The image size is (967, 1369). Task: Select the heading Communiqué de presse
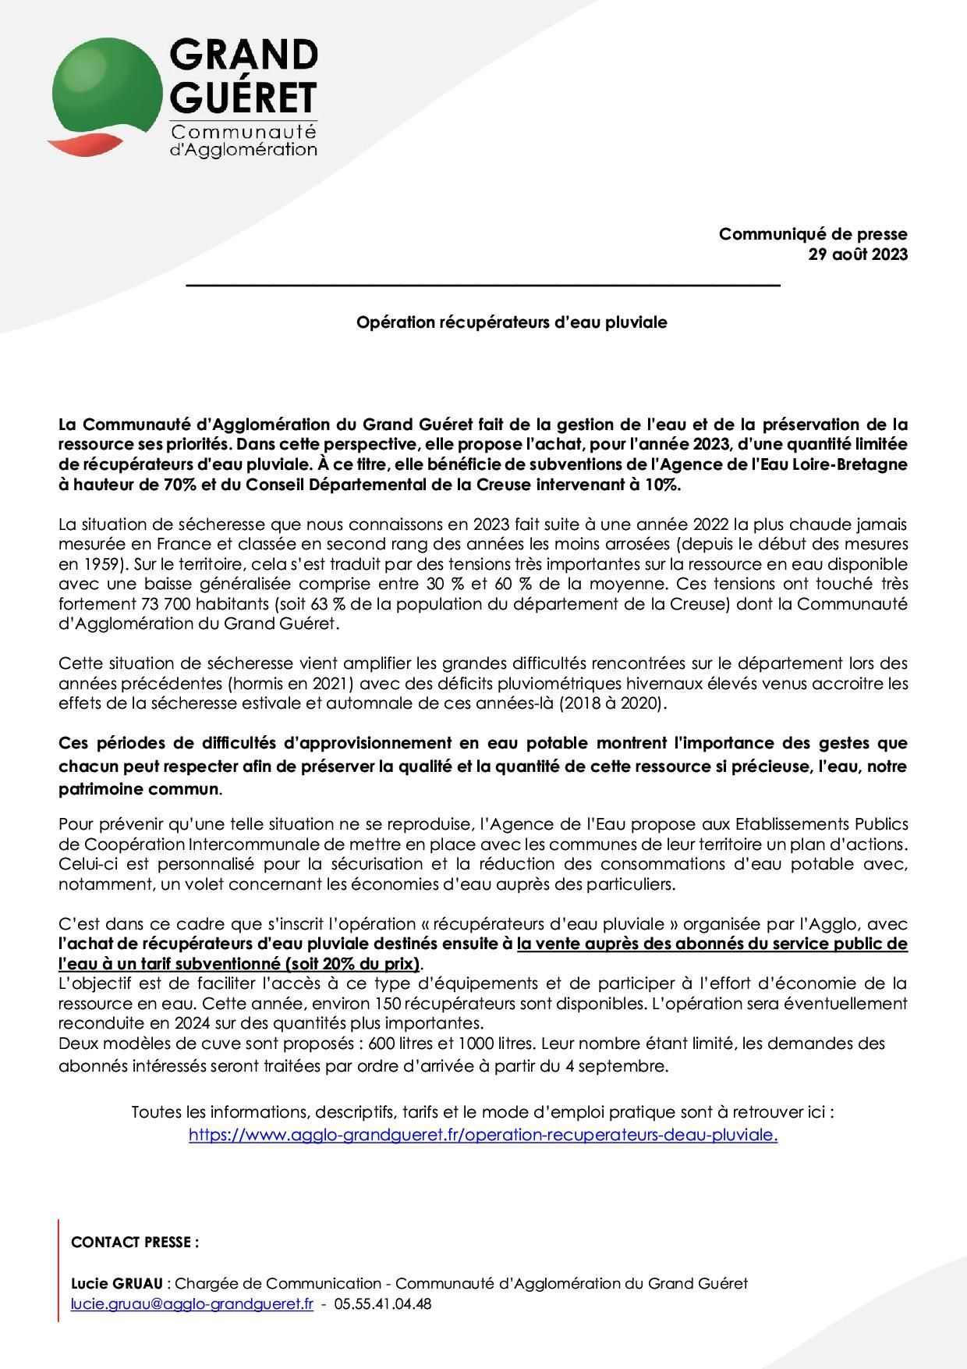(x=813, y=233)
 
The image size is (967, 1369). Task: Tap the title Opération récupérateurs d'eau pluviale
(x=512, y=322)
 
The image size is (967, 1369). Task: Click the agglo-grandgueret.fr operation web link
(x=483, y=1136)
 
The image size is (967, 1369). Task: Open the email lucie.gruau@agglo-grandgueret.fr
(x=192, y=1304)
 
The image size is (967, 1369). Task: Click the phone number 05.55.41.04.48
(x=382, y=1304)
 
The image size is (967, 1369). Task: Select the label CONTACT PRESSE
(x=134, y=1243)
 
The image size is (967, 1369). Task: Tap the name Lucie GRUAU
(x=117, y=1284)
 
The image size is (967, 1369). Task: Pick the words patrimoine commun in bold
(x=139, y=789)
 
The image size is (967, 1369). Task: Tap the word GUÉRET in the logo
(x=243, y=98)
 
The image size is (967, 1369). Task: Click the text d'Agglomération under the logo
(x=243, y=148)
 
